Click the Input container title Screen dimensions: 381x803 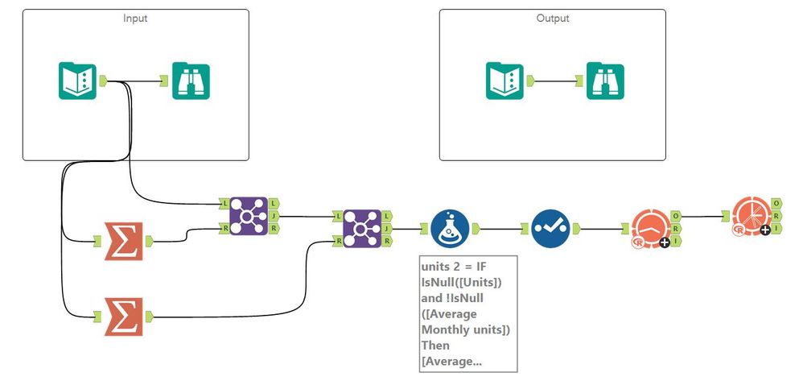(x=135, y=19)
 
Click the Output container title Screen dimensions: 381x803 (x=552, y=19)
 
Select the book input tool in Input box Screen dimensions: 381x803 (x=77, y=81)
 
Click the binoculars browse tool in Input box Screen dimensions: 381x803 (x=191, y=81)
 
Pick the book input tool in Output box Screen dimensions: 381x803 (x=504, y=81)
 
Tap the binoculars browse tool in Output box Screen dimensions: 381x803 (x=605, y=81)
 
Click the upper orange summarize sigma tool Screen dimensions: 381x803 (x=124, y=242)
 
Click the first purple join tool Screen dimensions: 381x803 (x=249, y=216)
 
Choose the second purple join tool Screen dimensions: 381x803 (x=362, y=228)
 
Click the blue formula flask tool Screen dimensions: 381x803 (x=450, y=228)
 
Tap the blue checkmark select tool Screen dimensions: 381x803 (x=550, y=228)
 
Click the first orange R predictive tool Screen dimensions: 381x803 (x=649, y=229)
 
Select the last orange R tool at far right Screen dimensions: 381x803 (x=749, y=217)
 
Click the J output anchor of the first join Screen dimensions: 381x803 (x=275, y=216)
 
